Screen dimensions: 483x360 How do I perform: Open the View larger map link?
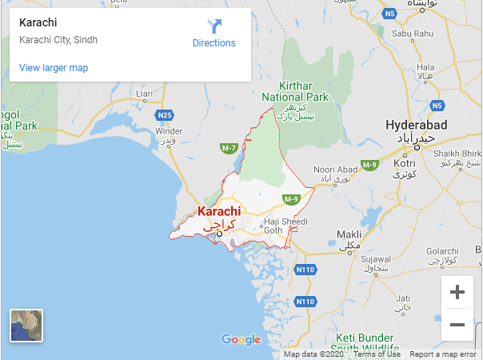pyautogui.click(x=54, y=68)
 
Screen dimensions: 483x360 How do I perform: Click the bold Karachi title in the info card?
pyautogui.click(x=38, y=22)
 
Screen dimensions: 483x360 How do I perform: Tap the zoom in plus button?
pyautogui.click(x=457, y=292)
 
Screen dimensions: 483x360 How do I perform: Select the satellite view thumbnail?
pyautogui.click(x=26, y=326)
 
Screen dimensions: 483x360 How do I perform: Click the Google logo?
pyautogui.click(x=241, y=340)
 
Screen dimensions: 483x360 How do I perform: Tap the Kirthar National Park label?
pyautogui.click(x=304, y=91)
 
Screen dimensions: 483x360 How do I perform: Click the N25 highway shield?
pyautogui.click(x=165, y=115)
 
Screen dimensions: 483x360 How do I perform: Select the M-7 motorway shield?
pyautogui.click(x=229, y=148)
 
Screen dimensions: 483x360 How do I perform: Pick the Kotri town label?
pyautogui.click(x=405, y=163)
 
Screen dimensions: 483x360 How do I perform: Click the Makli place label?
pyautogui.click(x=349, y=235)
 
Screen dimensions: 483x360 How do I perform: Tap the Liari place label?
pyautogui.click(x=144, y=94)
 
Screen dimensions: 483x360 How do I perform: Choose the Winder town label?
pyautogui.click(x=169, y=131)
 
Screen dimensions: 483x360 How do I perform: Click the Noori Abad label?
pyautogui.click(x=335, y=170)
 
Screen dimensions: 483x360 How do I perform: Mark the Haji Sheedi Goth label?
pyautogui.click(x=285, y=225)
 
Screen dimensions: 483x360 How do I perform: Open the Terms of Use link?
pyautogui.click(x=377, y=354)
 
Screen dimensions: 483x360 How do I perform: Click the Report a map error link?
pyautogui.click(x=443, y=354)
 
